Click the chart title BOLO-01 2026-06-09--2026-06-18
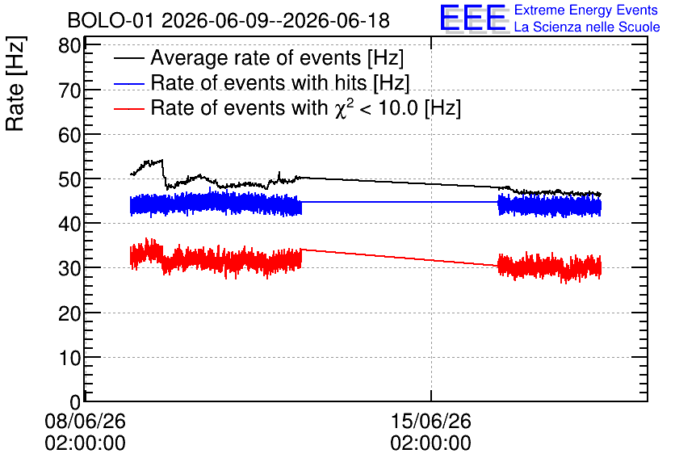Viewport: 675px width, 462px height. [228, 21]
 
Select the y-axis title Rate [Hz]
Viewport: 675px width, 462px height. [15, 83]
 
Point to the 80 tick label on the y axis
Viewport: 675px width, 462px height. [69, 46]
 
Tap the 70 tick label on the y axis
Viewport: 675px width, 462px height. [69, 90]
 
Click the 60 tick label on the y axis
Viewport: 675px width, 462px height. [69, 135]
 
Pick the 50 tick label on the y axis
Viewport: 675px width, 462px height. [69, 179]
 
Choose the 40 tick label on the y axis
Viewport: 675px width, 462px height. [69, 224]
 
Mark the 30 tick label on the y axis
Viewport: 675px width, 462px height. [69, 269]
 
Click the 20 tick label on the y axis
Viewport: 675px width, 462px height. [69, 313]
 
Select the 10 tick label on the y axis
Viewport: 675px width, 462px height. [69, 358]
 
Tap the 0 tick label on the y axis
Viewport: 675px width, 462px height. [75, 402]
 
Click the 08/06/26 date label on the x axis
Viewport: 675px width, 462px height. [86, 421]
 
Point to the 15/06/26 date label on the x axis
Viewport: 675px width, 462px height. [431, 421]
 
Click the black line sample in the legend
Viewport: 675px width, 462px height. [128, 58]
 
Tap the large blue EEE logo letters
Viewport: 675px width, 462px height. [472, 18]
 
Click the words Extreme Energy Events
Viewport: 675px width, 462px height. [586, 10]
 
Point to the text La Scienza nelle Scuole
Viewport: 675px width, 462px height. [587, 27]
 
